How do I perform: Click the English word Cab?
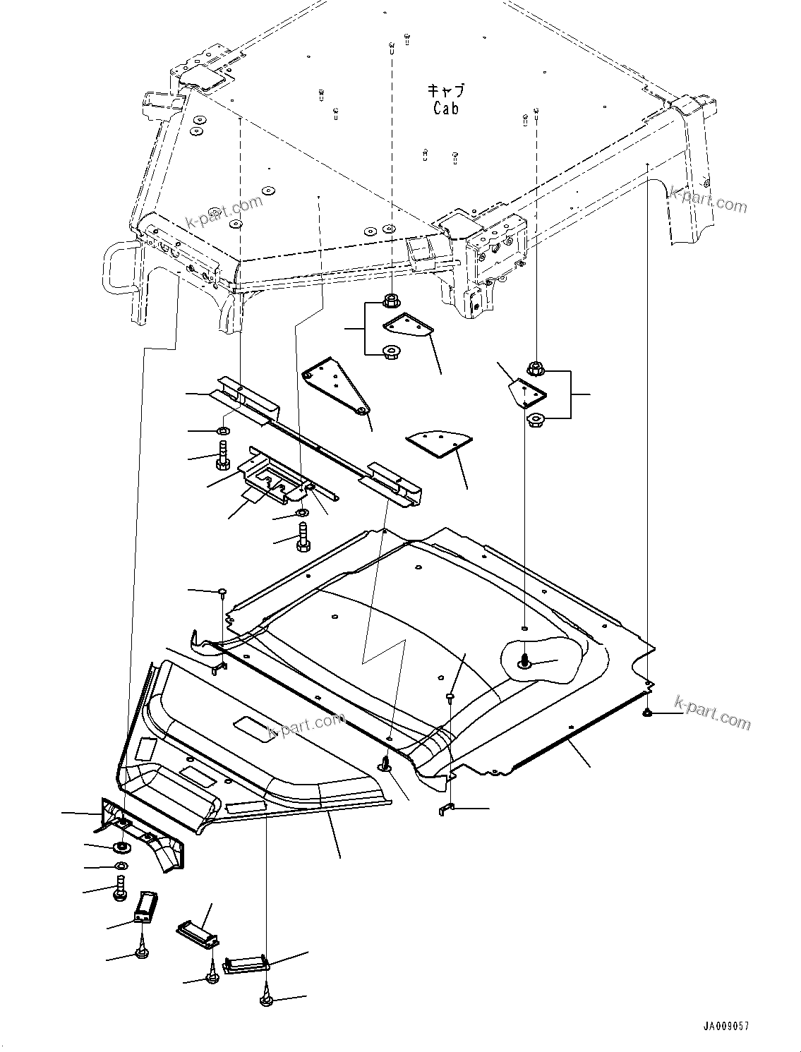click(445, 108)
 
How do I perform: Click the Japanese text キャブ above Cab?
click(446, 90)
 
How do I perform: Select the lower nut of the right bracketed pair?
click(536, 420)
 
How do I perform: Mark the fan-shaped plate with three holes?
click(439, 444)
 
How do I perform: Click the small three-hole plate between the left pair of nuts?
click(409, 326)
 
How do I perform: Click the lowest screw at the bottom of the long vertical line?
click(267, 998)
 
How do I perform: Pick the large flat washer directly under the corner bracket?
click(122, 845)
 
